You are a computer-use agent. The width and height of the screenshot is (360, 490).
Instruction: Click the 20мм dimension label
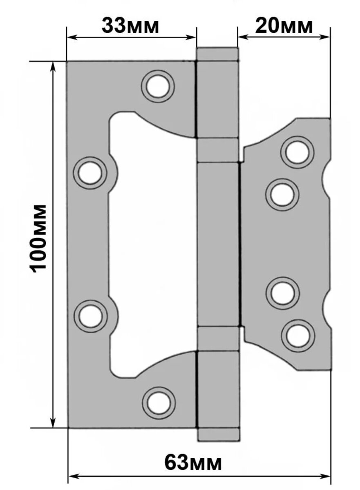(x=284, y=26)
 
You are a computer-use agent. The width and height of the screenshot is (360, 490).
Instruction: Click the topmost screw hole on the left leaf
(x=158, y=87)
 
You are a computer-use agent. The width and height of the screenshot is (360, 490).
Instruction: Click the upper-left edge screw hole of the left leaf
(x=90, y=173)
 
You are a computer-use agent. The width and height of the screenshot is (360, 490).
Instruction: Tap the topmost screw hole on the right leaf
(x=297, y=152)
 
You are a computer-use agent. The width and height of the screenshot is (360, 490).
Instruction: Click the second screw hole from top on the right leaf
(x=282, y=194)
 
